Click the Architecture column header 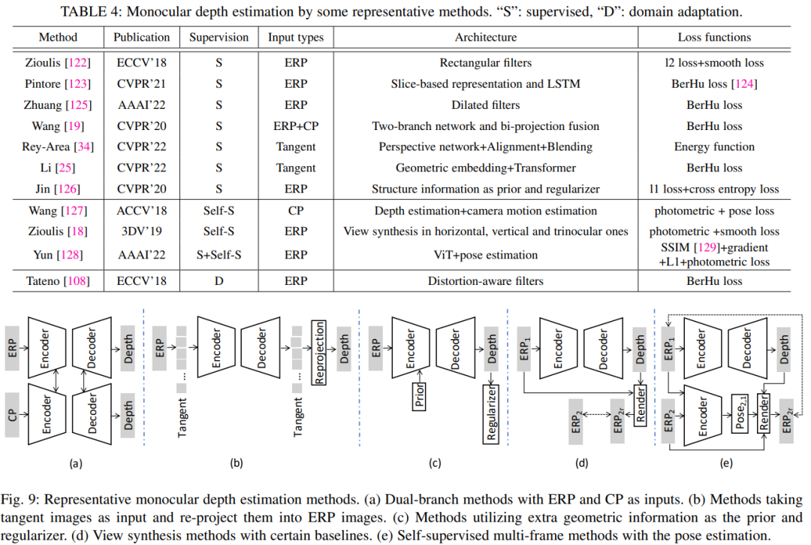[486, 37]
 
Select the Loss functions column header [714, 37]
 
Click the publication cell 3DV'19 [141, 231]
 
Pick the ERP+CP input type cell [296, 126]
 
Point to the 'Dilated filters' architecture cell [486, 105]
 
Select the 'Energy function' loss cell [714, 147]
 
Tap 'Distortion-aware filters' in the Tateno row [486, 281]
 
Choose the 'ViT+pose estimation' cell [486, 255]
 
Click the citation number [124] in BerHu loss [744, 84]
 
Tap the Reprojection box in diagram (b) [320, 353]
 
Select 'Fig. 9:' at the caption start [26, 500]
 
